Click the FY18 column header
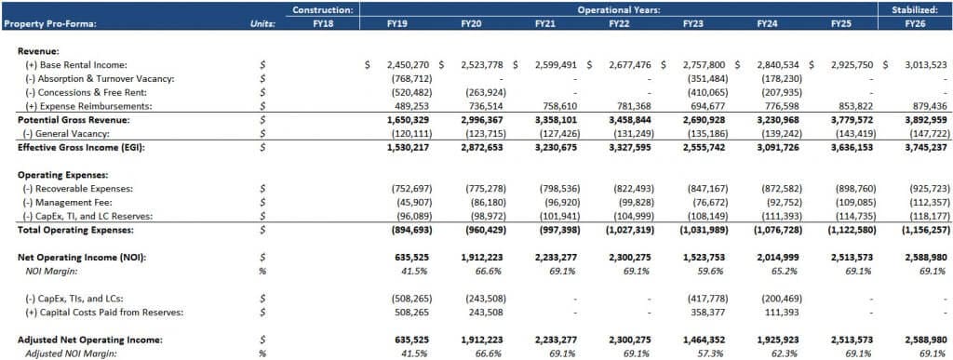coord(322,22)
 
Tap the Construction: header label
coord(322,9)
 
